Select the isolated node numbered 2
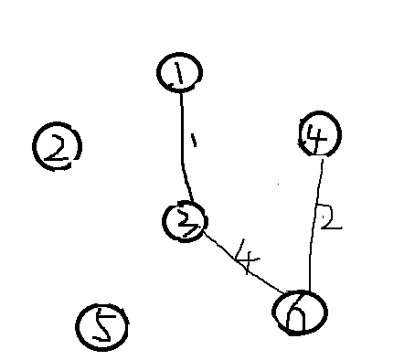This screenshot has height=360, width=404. coord(57,147)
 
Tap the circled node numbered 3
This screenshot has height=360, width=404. coord(186,221)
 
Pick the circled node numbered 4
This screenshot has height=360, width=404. coord(319,136)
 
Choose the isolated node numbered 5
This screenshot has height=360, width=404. coord(102,327)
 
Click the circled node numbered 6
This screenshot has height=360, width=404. coord(300,311)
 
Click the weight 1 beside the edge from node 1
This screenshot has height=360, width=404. coord(194,139)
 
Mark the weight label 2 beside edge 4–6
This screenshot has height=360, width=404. coord(330,218)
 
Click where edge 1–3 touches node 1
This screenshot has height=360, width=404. coord(180,91)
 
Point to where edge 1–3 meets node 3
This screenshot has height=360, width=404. coord(188,202)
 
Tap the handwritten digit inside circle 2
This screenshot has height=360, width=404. coord(57,147)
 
